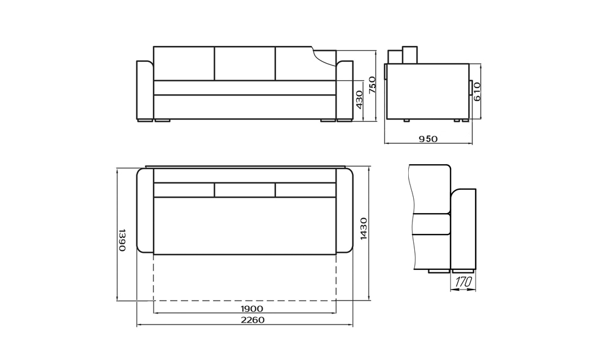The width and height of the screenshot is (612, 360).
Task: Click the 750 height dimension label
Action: pos(372,84)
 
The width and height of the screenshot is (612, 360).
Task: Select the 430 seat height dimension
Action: pos(359,100)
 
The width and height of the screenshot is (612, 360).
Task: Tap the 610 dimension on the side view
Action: pos(477,92)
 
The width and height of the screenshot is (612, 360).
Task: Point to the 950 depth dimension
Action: pos(428,138)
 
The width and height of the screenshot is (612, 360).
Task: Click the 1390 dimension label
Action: pos(122,240)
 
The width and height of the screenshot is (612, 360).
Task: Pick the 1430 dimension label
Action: pos(364,229)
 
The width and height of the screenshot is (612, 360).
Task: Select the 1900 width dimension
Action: pos(252,309)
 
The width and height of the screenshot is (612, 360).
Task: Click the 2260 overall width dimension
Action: pos(253,320)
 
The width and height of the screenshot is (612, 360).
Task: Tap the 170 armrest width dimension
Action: pos(463,282)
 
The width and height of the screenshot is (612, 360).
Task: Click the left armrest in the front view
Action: pos(145,90)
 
